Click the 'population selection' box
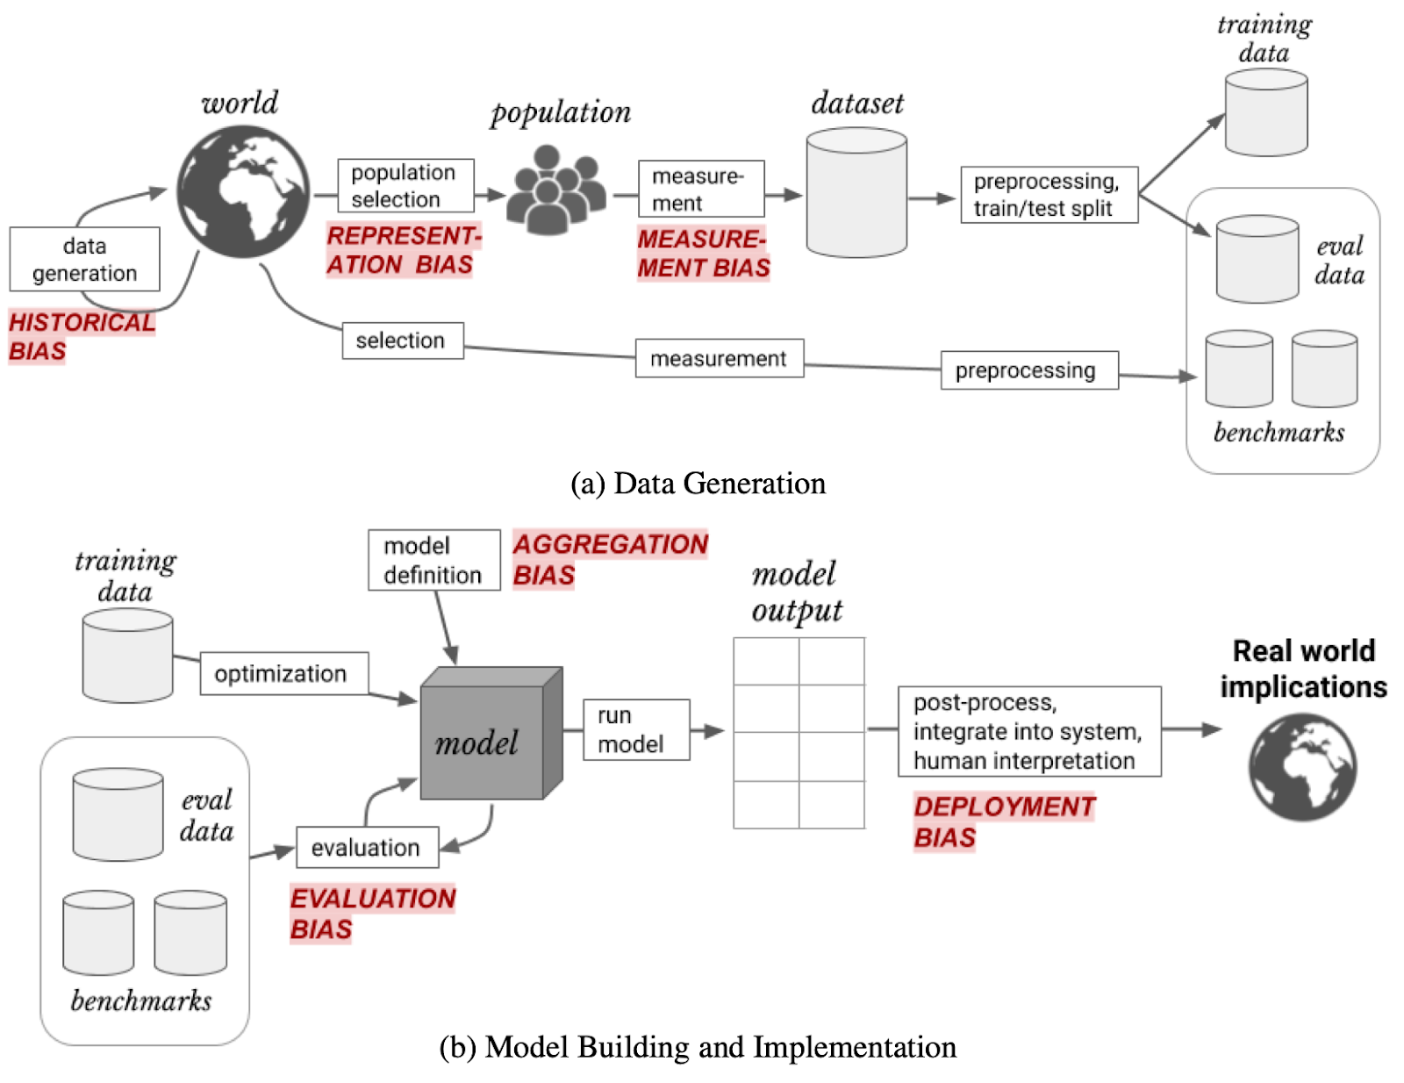(405, 185)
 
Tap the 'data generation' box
(85, 259)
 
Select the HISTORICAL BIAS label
(81, 336)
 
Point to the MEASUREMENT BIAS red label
(703, 254)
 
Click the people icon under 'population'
(555, 189)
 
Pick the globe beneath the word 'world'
(243, 191)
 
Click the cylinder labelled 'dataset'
(856, 193)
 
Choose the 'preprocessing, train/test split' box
(1049, 195)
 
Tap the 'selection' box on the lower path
(402, 341)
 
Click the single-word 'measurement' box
(719, 358)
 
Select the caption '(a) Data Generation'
(698, 484)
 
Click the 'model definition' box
(433, 560)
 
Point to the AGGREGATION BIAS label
(609, 559)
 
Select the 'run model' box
(635, 729)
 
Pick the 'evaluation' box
(367, 847)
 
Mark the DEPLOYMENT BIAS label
(1003, 821)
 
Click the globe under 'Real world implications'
(1302, 767)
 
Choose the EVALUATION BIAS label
(371, 914)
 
